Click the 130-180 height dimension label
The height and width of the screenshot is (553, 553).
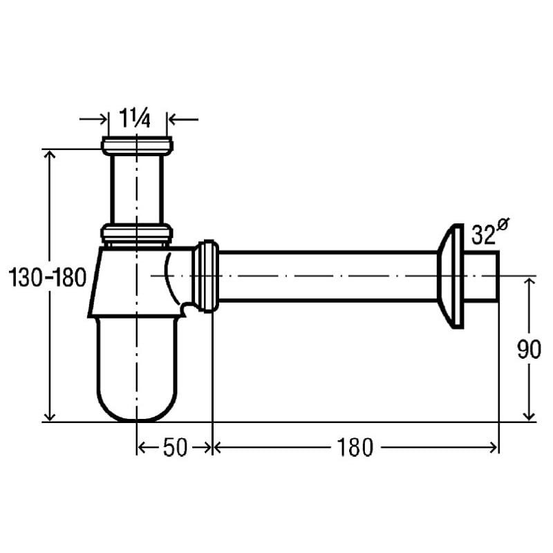[x=47, y=277]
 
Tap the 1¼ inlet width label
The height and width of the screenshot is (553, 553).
[x=135, y=118]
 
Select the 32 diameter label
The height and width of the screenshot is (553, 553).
[x=483, y=235]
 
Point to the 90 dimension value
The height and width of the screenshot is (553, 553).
[x=529, y=350]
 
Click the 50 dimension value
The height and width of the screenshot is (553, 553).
[x=175, y=447]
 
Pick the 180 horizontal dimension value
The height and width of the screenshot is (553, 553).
[x=355, y=447]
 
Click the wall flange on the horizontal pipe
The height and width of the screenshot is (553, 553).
[x=451, y=276]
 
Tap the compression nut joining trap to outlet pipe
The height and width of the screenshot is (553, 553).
[x=205, y=276]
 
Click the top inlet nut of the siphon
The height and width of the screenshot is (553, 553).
[x=137, y=146]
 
